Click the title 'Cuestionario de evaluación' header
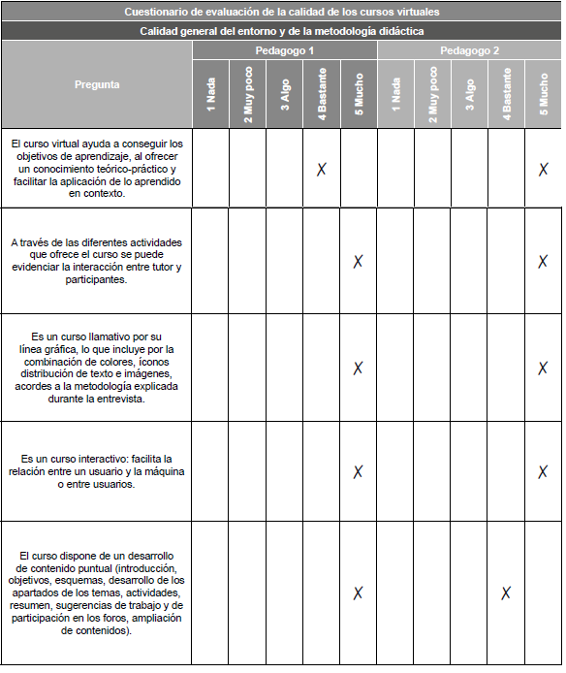[x=281, y=13]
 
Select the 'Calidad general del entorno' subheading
[x=281, y=31]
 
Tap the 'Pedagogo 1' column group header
[x=284, y=50]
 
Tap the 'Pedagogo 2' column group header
[x=469, y=50]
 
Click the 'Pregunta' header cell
[x=97, y=84]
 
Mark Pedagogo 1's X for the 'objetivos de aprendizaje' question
[x=322, y=169]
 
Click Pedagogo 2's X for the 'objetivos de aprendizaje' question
[x=544, y=169]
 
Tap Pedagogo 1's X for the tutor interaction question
[x=358, y=261]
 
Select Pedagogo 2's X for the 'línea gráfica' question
[x=544, y=368]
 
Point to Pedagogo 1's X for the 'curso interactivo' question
[x=358, y=471]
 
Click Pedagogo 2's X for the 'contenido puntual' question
[x=506, y=593]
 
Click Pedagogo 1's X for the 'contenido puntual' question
[x=358, y=593]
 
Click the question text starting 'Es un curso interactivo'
[x=97, y=471]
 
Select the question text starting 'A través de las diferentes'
[x=97, y=261]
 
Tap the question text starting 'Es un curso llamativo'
[x=97, y=368]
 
